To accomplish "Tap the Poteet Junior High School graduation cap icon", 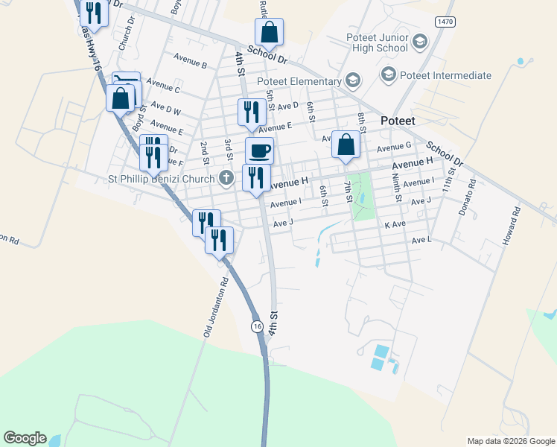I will coord(420,41).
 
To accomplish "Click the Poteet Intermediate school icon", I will coord(387,74).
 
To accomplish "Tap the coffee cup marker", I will coord(259,151).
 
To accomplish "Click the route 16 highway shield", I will coord(256,326).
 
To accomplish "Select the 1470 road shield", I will coord(445,23).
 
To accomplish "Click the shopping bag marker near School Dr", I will coord(269,33).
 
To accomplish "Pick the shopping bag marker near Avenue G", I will coord(346,145).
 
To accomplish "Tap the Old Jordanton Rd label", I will coord(215,308).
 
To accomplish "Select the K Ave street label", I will coord(395,223).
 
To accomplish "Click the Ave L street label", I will coord(421,240).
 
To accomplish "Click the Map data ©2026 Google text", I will coord(510,441).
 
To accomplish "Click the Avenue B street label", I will coord(189,64).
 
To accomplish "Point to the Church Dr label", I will coord(125,34).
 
